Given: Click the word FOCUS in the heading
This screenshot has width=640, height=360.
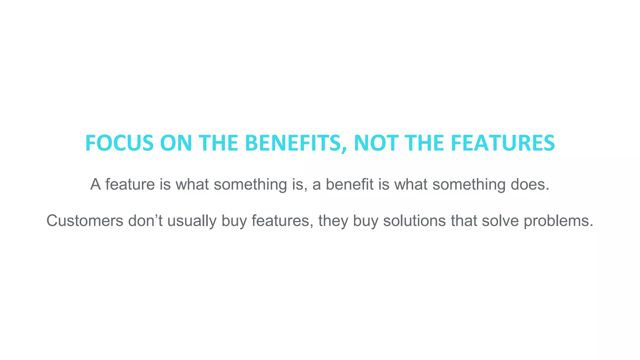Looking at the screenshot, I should pyautogui.click(x=119, y=143).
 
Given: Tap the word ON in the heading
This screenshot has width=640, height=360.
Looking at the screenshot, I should pyautogui.click(x=176, y=143).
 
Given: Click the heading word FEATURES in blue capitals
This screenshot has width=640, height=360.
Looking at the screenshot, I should pyautogui.click(x=502, y=143).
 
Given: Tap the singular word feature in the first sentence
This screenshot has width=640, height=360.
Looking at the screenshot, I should pyautogui.click(x=130, y=184).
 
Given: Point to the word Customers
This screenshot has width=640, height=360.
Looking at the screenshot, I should pyautogui.click(x=85, y=221).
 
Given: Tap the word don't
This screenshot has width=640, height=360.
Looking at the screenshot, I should pyautogui.click(x=145, y=221).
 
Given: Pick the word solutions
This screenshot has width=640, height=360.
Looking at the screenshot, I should pyautogui.click(x=414, y=221).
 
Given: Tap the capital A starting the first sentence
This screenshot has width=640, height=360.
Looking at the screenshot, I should pyautogui.click(x=95, y=184).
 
